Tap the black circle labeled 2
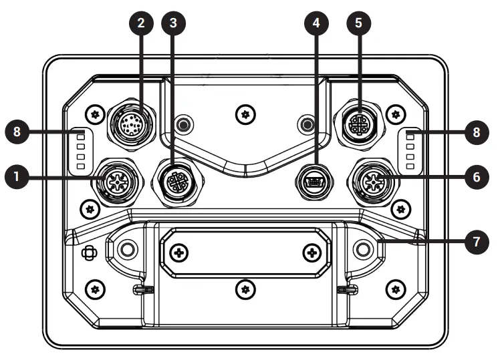point(140,23)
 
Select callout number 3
point(174,23)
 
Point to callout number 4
point(316,23)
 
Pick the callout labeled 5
point(359,23)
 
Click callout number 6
point(477,178)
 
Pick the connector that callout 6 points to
point(373,180)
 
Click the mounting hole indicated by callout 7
point(363,250)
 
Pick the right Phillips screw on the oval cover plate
point(311,252)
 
